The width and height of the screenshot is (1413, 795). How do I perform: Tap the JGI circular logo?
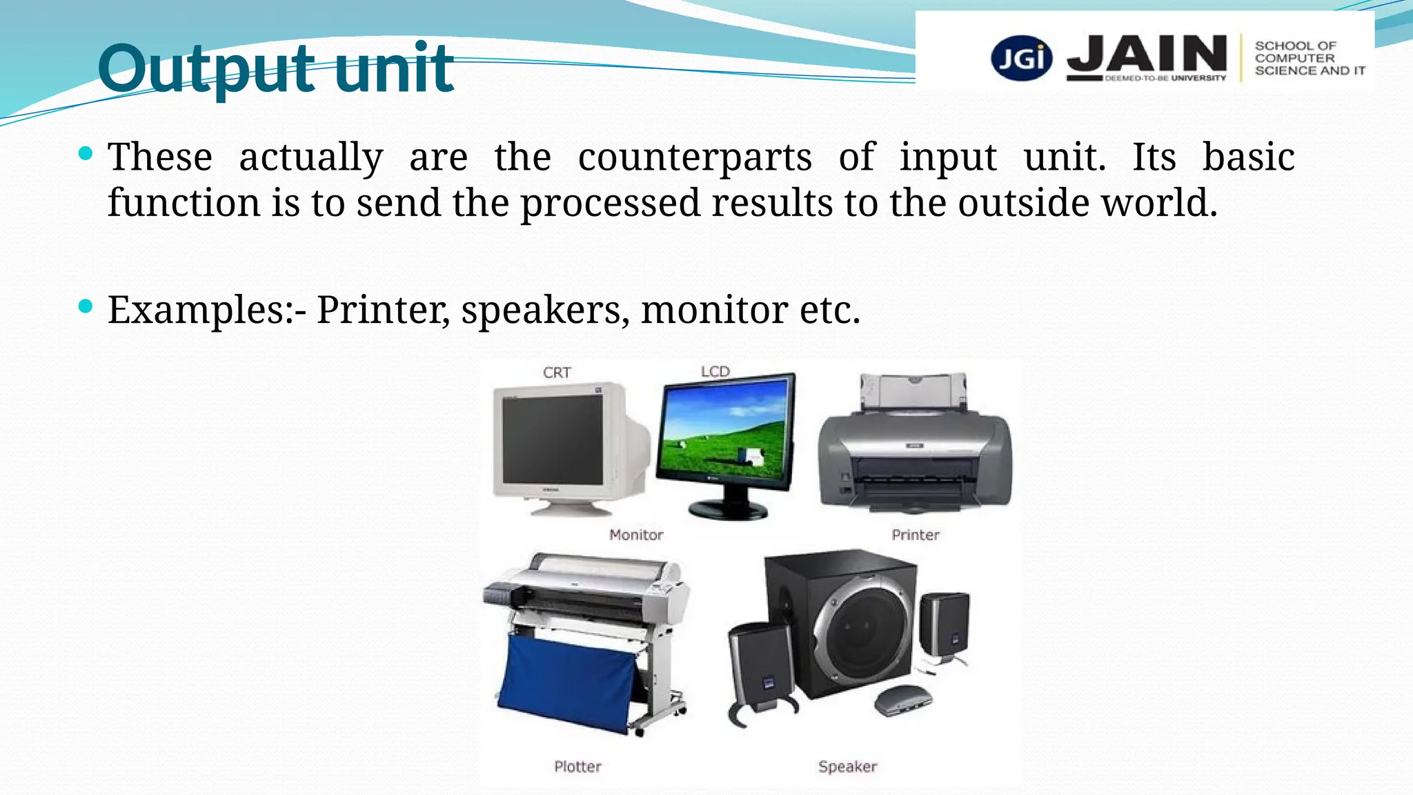pos(1021,58)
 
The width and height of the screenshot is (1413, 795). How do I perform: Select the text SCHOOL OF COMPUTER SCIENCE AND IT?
pos(1309,58)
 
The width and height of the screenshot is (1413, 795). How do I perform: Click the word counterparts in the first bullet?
pos(695,157)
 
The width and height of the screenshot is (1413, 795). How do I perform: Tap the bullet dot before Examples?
pos(86,306)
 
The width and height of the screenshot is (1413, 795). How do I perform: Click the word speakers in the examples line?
pos(545,310)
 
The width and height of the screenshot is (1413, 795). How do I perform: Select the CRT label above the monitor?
pos(557,373)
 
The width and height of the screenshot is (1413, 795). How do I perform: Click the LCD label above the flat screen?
pos(715,371)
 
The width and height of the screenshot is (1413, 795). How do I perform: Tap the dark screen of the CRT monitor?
pos(553,440)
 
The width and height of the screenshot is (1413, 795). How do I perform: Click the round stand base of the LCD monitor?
pos(728,510)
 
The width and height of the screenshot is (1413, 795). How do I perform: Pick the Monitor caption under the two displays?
pos(635,535)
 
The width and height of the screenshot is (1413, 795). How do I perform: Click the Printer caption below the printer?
pos(915,535)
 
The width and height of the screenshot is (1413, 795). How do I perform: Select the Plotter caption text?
pos(577,766)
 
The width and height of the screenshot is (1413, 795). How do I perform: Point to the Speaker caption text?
pos(847,766)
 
